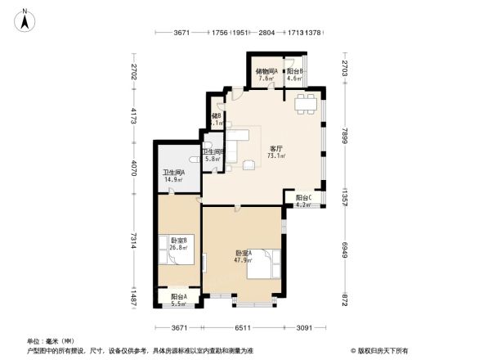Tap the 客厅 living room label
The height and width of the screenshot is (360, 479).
276,149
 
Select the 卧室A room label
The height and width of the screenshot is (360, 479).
244,253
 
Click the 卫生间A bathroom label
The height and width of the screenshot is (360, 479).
173,172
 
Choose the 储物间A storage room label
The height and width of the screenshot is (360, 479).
266,72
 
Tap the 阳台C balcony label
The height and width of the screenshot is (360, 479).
303,197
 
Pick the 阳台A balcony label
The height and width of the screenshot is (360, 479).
179,297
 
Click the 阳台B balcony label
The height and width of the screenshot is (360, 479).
294,72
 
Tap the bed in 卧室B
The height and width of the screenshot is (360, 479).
179,256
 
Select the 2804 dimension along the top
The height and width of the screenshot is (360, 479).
266,33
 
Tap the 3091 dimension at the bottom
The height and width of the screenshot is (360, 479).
303,328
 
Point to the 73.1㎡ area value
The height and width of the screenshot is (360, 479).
276,155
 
